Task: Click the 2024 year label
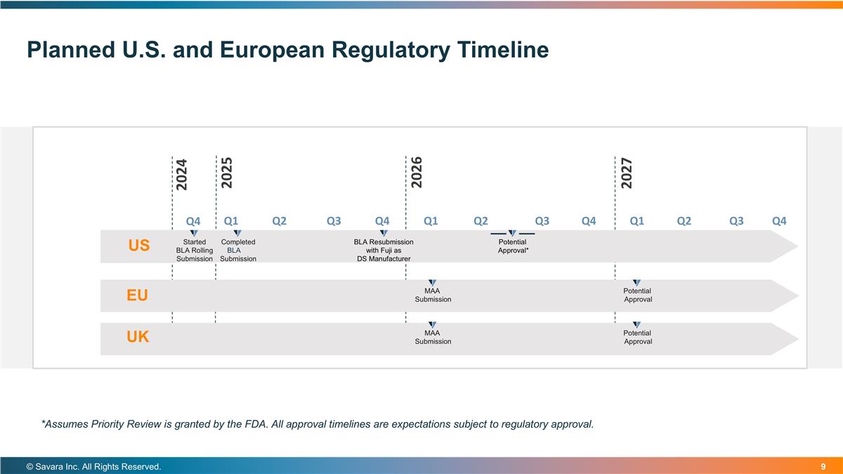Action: (x=181, y=174)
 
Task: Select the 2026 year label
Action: (x=417, y=172)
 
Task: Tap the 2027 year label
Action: (x=627, y=172)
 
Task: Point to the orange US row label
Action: (x=139, y=246)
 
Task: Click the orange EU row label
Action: (x=138, y=296)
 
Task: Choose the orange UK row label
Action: (x=138, y=338)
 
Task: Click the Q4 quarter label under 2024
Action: (x=193, y=222)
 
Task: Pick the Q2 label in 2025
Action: (x=279, y=221)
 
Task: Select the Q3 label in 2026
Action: (x=542, y=221)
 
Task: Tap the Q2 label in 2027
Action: (x=684, y=221)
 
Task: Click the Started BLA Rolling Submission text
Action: (x=194, y=251)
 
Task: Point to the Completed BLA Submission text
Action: (x=238, y=251)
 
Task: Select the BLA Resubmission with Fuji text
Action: (x=384, y=251)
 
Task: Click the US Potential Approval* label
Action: (x=513, y=246)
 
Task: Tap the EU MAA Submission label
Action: (x=433, y=295)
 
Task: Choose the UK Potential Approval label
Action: (x=637, y=337)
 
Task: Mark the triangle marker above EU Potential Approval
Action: (x=636, y=282)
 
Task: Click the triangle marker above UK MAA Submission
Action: (x=433, y=324)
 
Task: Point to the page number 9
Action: (x=823, y=467)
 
